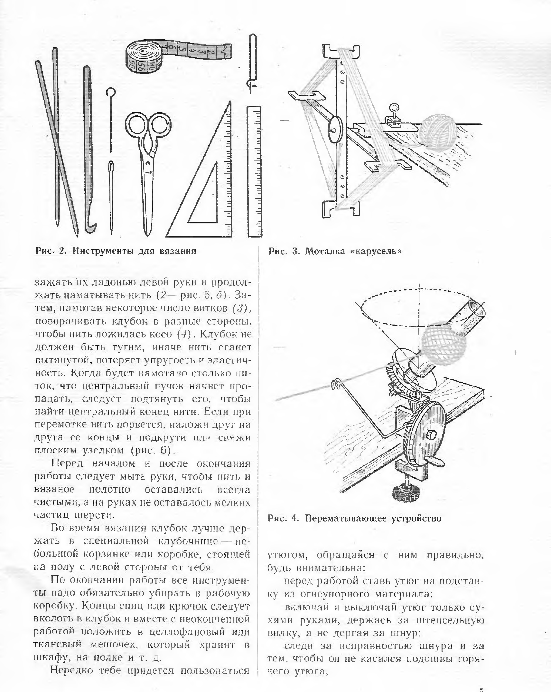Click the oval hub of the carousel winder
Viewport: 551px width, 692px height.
coord(335,130)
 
